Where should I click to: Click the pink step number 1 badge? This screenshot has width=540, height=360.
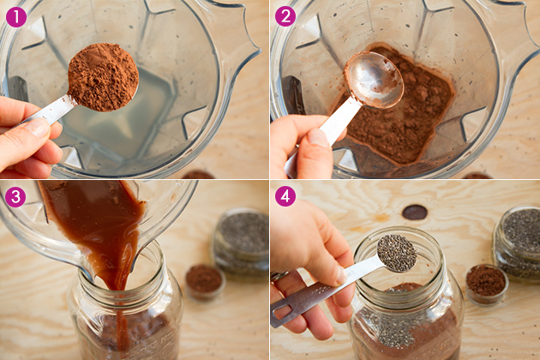(15, 17)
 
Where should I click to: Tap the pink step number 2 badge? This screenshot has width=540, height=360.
(285, 16)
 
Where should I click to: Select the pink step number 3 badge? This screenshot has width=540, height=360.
(15, 196)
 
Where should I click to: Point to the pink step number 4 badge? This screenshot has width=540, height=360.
(285, 196)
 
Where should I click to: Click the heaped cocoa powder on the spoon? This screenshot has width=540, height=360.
(103, 77)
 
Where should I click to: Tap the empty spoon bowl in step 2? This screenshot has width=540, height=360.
(374, 80)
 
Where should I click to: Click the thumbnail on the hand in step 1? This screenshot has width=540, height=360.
(37, 127)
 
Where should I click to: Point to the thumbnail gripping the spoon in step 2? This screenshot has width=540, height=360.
(318, 138)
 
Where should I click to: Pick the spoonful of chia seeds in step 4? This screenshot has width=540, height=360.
(397, 253)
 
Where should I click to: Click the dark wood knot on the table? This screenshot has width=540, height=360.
(415, 213)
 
